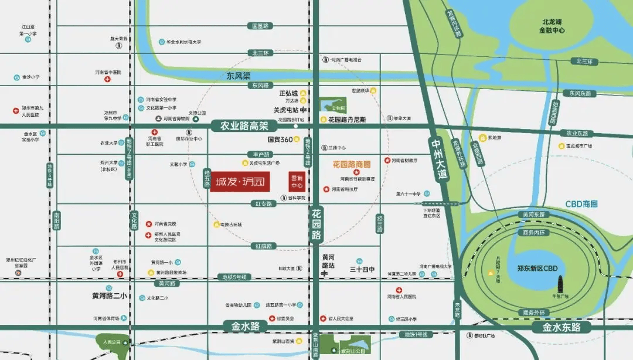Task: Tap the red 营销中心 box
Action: tap(297, 181)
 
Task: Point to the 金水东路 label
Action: tap(561, 327)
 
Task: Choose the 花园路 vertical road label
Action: tap(316, 223)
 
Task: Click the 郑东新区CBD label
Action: tap(537, 269)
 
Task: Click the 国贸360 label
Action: tap(280, 140)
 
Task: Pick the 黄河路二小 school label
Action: tap(101, 296)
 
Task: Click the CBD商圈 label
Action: tap(581, 203)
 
